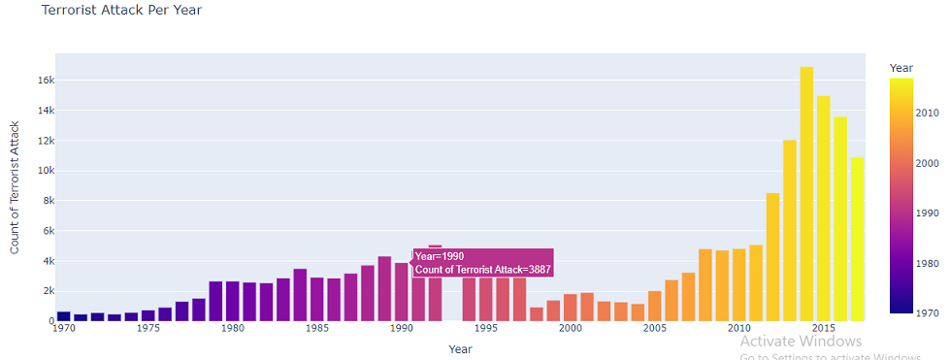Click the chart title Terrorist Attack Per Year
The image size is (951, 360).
coord(121,10)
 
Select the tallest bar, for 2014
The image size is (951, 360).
coord(806,194)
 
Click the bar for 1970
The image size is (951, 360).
coord(63,315)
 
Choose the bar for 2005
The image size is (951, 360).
coord(655,306)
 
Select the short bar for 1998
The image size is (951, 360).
coord(537,313)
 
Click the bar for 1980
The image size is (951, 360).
coord(232,301)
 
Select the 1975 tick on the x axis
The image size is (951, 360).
coord(148,329)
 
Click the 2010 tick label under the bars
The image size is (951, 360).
coord(738,329)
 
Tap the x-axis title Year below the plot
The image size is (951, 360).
coord(461,348)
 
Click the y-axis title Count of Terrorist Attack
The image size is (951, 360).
coord(15,187)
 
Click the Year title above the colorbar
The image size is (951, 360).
coord(902,68)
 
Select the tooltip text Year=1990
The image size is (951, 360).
coord(440,256)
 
